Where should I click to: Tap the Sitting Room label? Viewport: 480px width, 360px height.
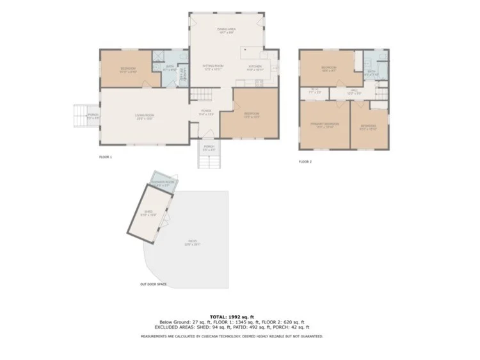click(x=212, y=67)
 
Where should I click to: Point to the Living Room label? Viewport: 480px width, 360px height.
click(x=145, y=117)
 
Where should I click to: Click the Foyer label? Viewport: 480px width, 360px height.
click(x=206, y=113)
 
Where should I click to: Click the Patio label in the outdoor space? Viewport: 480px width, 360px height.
click(x=193, y=243)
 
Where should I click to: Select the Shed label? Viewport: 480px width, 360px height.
click(x=148, y=214)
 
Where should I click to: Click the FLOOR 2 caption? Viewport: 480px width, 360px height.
click(x=305, y=161)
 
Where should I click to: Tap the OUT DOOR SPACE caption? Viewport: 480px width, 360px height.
click(x=154, y=284)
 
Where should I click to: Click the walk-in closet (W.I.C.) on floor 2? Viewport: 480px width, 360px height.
click(x=315, y=92)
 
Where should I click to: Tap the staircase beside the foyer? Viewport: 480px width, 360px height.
click(x=201, y=95)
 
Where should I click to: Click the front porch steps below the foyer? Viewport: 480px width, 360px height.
click(x=209, y=161)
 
